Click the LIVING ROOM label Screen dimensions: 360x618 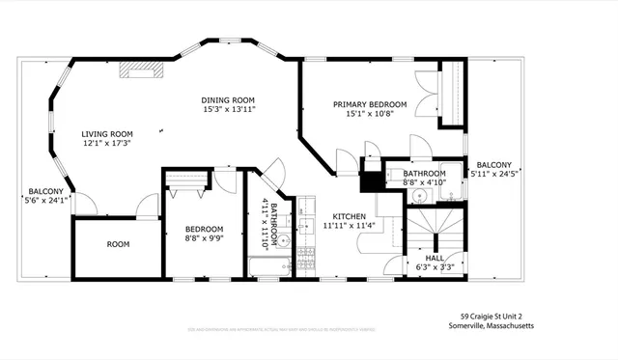[x=106, y=134]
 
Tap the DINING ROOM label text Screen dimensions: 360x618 [x=228, y=100]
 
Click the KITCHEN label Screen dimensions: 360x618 [x=349, y=216]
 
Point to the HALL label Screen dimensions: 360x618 [x=435, y=259]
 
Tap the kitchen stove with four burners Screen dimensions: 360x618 [x=307, y=256]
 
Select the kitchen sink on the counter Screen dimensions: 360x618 [x=306, y=227]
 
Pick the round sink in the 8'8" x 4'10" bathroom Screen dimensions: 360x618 [x=417, y=196]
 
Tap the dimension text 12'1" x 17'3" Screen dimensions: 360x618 [x=106, y=144]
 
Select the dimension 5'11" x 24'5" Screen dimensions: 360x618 [x=493, y=175]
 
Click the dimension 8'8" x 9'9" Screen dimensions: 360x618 [x=204, y=239]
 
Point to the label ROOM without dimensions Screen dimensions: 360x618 [x=118, y=245]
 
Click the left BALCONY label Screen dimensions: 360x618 [x=45, y=191]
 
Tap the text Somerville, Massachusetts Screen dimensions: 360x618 [x=496, y=326]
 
